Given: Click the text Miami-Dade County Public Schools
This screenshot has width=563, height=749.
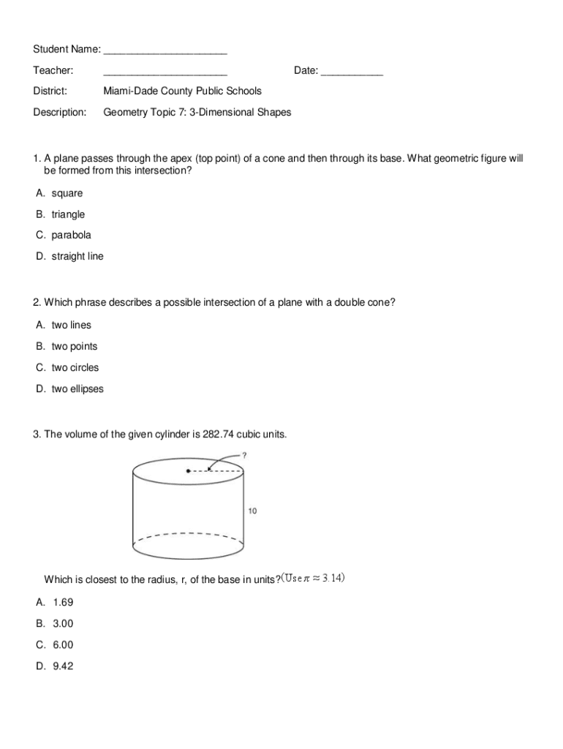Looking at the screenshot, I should [x=182, y=91].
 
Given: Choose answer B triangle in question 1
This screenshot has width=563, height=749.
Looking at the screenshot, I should [x=68, y=214].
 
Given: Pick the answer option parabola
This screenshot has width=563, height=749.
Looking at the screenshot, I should [x=71, y=236].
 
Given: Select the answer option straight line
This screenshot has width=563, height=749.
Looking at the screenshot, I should [x=78, y=257].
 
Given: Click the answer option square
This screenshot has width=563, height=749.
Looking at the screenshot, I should [x=67, y=193].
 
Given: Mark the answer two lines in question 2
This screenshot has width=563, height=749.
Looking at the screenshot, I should [x=71, y=325].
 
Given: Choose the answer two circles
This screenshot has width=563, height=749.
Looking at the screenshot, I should [x=75, y=368].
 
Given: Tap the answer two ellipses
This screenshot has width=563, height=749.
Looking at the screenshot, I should [x=78, y=389].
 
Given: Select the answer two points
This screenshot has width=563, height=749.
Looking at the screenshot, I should [x=74, y=347].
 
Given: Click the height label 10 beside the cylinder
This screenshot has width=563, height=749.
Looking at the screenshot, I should [x=252, y=511].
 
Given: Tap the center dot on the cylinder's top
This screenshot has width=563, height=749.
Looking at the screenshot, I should [x=188, y=471].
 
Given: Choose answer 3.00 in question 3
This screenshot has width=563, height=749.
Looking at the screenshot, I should [x=63, y=624].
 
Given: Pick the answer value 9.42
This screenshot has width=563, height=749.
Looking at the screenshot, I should [x=63, y=666].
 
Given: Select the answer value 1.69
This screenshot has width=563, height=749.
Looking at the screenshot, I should [x=63, y=603].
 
